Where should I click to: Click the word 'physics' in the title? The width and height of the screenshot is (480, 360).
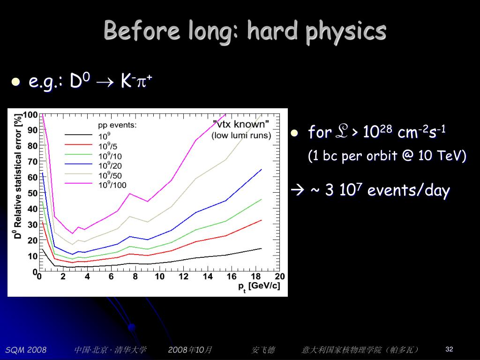(x=346, y=31)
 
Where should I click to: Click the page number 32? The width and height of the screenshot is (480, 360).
(x=449, y=349)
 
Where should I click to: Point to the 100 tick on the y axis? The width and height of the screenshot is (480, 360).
(x=31, y=115)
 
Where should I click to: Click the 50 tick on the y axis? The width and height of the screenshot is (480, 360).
(x=32, y=193)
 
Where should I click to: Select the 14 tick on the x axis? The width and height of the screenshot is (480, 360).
(x=208, y=277)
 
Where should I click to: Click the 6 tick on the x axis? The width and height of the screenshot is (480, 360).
(x=111, y=277)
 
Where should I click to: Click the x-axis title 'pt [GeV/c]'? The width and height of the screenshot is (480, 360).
(x=259, y=286)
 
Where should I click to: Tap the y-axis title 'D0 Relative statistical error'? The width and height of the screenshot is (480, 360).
(x=18, y=176)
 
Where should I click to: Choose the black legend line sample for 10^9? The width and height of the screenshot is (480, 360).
(x=78, y=135)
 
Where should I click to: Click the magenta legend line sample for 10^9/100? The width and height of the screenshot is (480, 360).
(x=78, y=183)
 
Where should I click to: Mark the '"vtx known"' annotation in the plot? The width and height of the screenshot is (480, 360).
(x=241, y=124)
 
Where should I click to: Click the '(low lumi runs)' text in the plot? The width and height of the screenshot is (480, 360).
(x=241, y=135)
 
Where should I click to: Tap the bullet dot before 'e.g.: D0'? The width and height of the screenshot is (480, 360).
(x=15, y=82)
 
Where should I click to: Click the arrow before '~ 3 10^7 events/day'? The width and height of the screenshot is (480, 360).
(x=298, y=191)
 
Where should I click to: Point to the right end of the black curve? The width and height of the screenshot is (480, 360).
(x=261, y=248)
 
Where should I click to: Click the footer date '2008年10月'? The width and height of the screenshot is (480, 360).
(x=190, y=350)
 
